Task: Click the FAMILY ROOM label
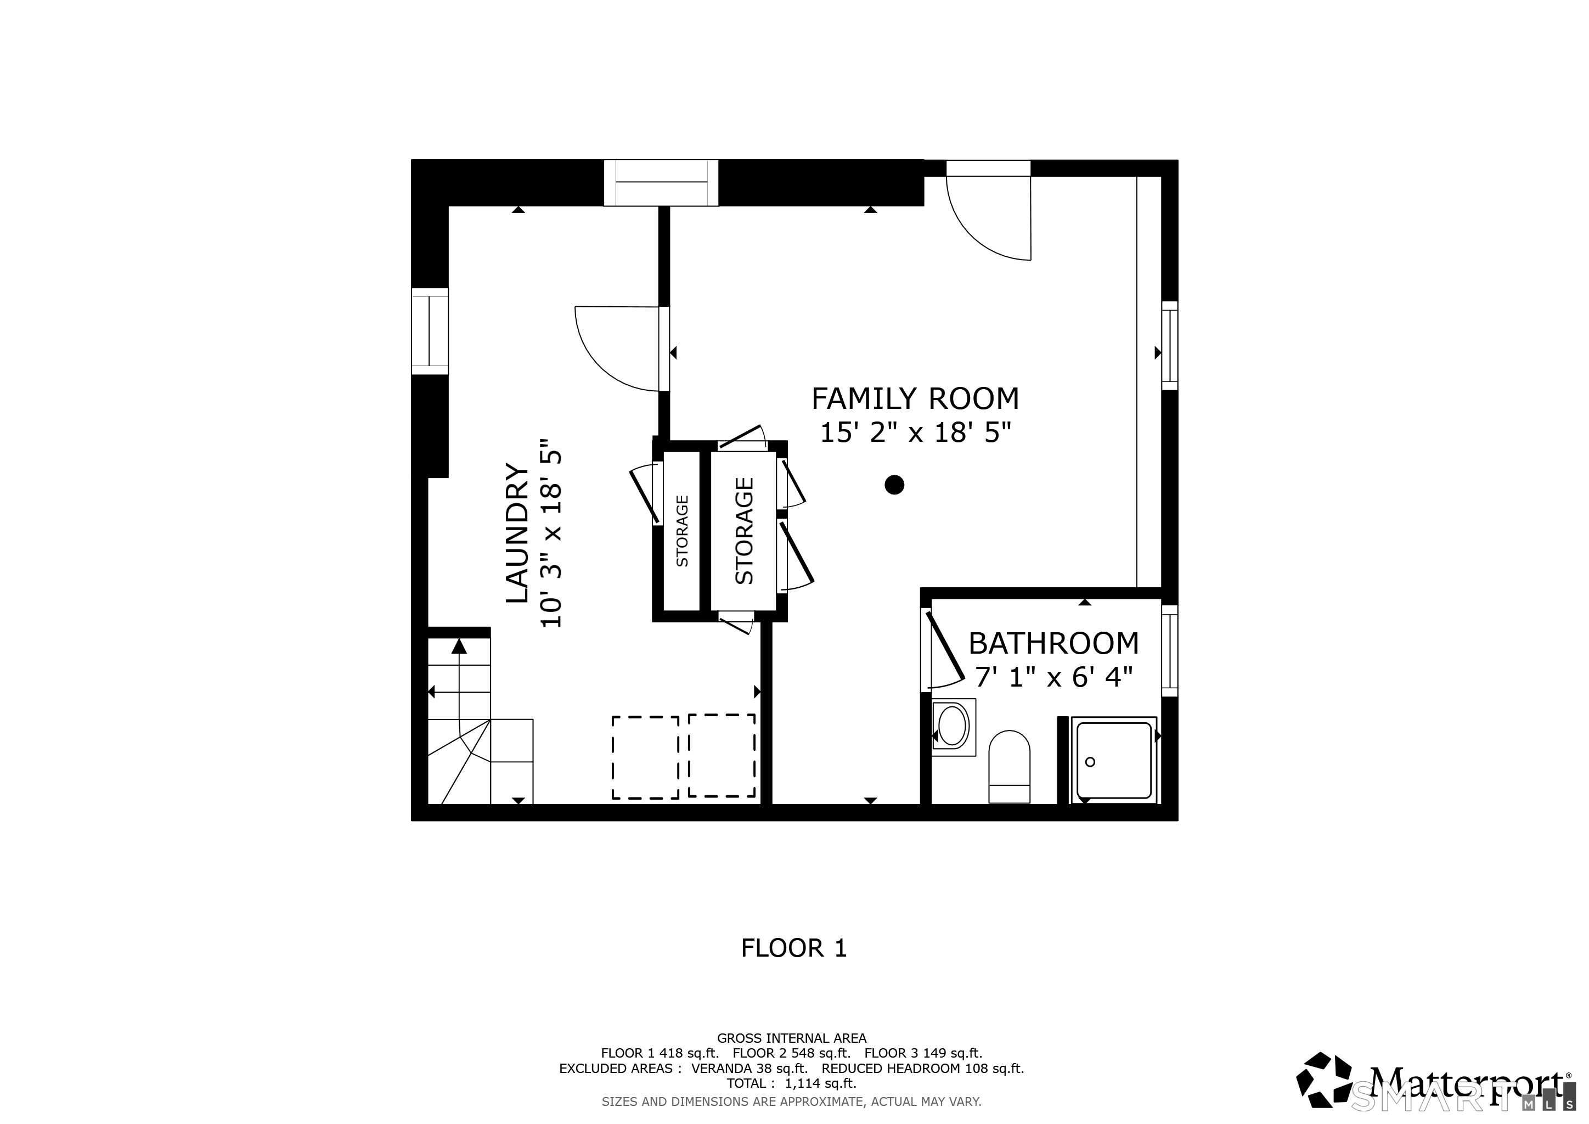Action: [x=915, y=400]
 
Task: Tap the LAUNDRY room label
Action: [x=517, y=533]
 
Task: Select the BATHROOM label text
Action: [x=1053, y=644]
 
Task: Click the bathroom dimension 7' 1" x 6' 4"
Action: [x=1053, y=677]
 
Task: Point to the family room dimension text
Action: [x=915, y=432]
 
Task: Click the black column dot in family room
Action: [x=894, y=485]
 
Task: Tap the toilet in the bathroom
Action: [x=1009, y=766]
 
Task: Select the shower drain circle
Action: [x=1090, y=762]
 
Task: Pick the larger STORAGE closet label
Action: [x=744, y=531]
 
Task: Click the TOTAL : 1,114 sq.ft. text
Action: [x=791, y=1083]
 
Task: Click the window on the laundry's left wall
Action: [x=430, y=331]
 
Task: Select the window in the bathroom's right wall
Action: [x=1169, y=650]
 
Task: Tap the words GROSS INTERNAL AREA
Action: [x=791, y=1038]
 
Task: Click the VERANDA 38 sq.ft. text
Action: [x=750, y=1068]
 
